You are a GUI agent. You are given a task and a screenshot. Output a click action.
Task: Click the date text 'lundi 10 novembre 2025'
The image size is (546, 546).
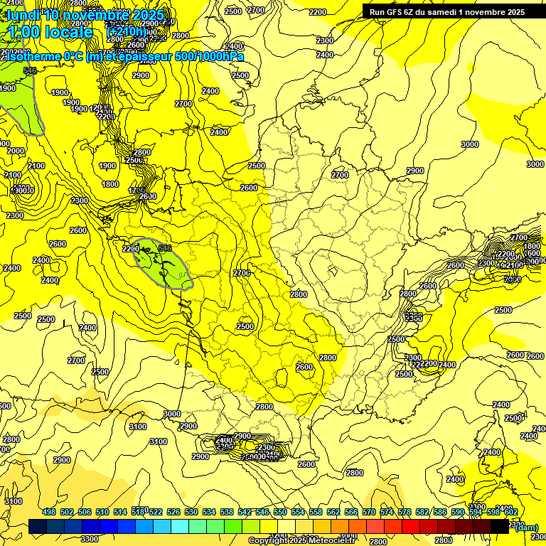pos(85,15)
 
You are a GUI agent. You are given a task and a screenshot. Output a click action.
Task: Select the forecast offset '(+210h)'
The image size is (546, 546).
pos(127,32)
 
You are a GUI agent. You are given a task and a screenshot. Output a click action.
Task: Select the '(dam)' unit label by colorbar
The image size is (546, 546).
pos(526,528)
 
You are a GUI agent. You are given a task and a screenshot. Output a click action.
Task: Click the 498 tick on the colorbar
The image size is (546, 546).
pos(49,513)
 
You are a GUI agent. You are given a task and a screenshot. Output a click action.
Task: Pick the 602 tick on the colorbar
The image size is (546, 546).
pos(510,513)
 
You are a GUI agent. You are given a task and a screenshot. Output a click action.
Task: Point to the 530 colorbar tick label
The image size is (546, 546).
pos(191,513)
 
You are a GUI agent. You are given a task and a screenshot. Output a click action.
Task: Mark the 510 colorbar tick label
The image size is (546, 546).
pos(102,513)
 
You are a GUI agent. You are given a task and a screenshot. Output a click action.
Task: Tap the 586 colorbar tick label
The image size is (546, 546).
pos(439,513)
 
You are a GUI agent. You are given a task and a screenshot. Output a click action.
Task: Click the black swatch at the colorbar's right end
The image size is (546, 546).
pos(500,527)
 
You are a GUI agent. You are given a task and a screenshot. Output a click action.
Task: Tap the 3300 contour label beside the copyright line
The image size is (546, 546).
pos(90,539)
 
